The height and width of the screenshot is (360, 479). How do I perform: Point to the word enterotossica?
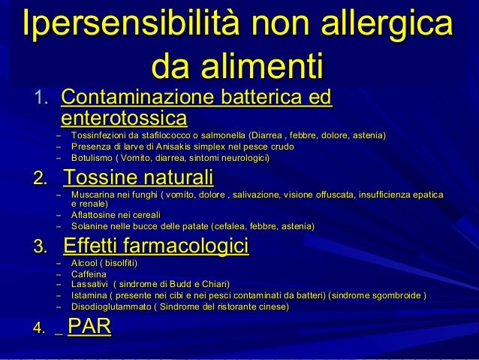pyautogui.click(x=124, y=118)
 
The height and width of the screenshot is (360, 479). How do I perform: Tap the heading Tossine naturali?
pyautogui.click(x=139, y=179)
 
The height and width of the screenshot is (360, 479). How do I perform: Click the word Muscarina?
pyautogui.click(x=92, y=195)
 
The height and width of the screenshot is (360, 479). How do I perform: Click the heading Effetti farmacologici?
pyautogui.click(x=156, y=247)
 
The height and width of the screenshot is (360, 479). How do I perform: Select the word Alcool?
pyautogui.click(x=83, y=263)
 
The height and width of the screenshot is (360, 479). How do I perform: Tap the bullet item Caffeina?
pyautogui.click(x=89, y=274)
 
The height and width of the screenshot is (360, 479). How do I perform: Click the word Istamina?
pyautogui.click(x=88, y=295)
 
